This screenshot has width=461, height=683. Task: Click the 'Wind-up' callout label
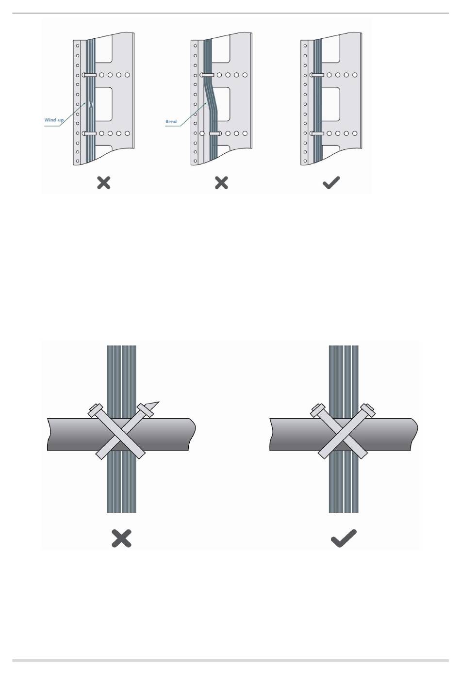pyautogui.click(x=54, y=119)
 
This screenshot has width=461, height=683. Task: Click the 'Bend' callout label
pyautogui.click(x=171, y=121)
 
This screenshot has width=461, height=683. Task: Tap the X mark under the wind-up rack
pyautogui.click(x=104, y=183)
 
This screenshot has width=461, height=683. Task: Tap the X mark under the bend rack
pyautogui.click(x=221, y=183)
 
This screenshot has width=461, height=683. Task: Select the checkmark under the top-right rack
pyautogui.click(x=331, y=183)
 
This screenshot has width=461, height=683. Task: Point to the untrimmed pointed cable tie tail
pyautogui.click(x=153, y=405)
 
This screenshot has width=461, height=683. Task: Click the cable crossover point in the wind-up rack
pyautogui.click(x=91, y=104)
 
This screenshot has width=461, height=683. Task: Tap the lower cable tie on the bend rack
pyautogui.click(x=215, y=133)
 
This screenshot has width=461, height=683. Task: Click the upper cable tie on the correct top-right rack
pyautogui.click(x=317, y=75)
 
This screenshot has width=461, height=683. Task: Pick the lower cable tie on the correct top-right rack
pyautogui.click(x=317, y=133)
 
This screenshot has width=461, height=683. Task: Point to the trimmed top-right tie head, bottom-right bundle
pyautogui.click(x=369, y=410)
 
